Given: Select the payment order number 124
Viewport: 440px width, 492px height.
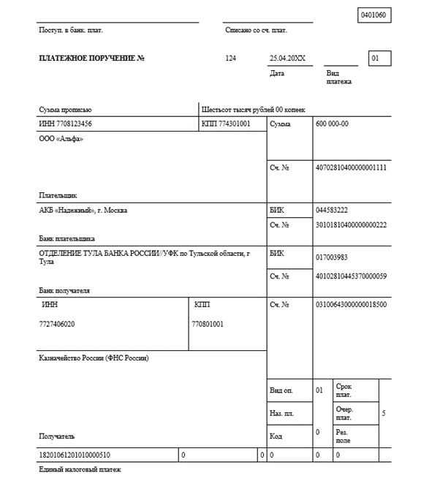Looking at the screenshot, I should pyautogui.click(x=232, y=58).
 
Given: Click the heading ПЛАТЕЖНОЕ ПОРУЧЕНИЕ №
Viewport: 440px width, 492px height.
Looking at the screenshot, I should pyautogui.click(x=91, y=58).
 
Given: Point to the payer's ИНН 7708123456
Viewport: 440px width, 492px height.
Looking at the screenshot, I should pyautogui.click(x=65, y=124).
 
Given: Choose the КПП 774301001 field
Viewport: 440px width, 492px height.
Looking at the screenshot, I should pyautogui.click(x=226, y=124).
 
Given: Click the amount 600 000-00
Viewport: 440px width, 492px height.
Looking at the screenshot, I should pyautogui.click(x=332, y=124).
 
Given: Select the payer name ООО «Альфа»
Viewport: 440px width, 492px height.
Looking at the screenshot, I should pyautogui.click(x=61, y=139).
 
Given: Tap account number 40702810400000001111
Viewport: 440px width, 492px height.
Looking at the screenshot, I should pyautogui.click(x=351, y=167).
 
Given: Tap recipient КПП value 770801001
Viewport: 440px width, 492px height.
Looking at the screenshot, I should pyautogui.click(x=208, y=323).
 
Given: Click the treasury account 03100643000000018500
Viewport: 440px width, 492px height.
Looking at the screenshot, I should pyautogui.click(x=351, y=304).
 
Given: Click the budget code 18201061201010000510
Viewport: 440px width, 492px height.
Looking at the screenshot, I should pyautogui.click(x=75, y=455).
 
